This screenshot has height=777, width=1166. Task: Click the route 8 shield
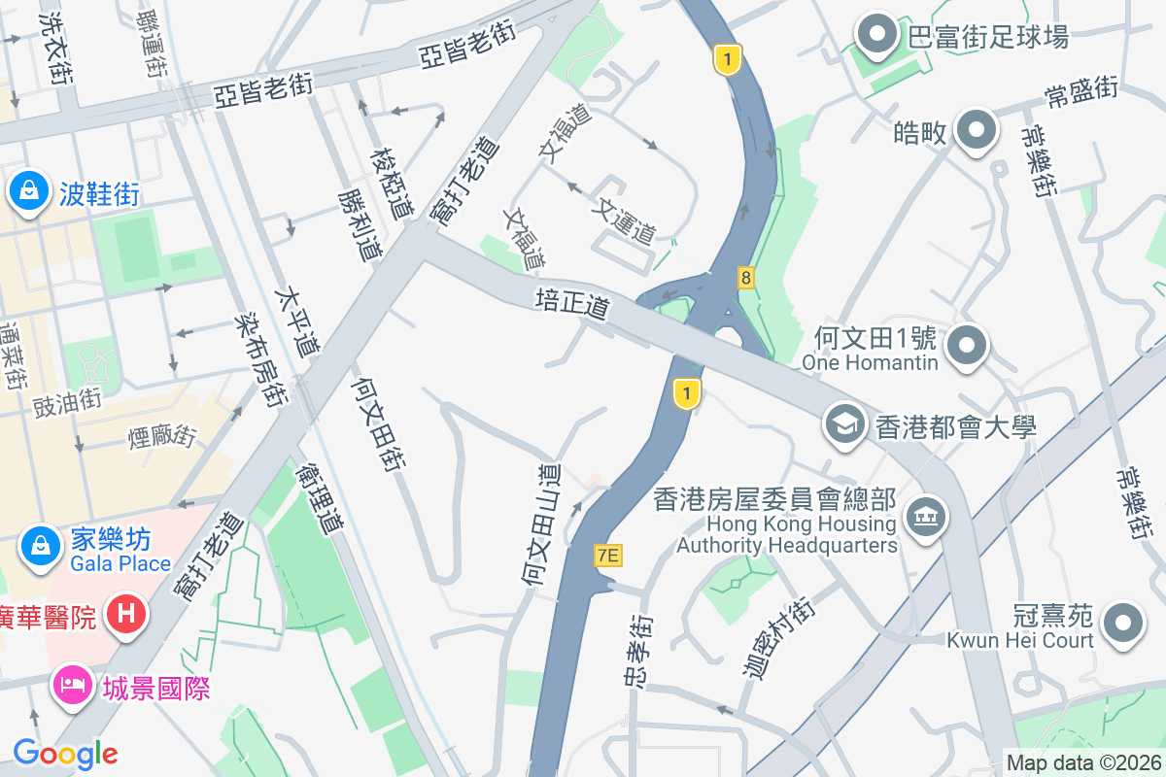click(x=745, y=278)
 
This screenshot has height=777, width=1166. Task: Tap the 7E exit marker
click(x=608, y=556)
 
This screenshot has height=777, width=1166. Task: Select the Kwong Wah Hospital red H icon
click(x=126, y=614)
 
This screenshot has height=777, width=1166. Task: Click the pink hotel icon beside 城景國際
click(x=73, y=687)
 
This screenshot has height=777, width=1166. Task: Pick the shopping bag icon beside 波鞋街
click(x=29, y=190)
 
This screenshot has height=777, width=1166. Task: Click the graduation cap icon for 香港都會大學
click(x=844, y=424)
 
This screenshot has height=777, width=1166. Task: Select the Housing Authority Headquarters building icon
click(x=924, y=516)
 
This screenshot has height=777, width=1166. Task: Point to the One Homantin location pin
click(x=968, y=346)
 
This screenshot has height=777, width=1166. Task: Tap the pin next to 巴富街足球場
click(x=878, y=35)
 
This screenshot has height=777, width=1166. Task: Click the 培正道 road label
click(x=572, y=303)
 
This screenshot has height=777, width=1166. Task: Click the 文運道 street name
click(x=627, y=220)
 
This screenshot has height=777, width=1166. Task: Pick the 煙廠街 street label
click(x=162, y=436)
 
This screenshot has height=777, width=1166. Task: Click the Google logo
click(x=65, y=753)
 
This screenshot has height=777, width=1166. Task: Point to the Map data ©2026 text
click(x=1082, y=762)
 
